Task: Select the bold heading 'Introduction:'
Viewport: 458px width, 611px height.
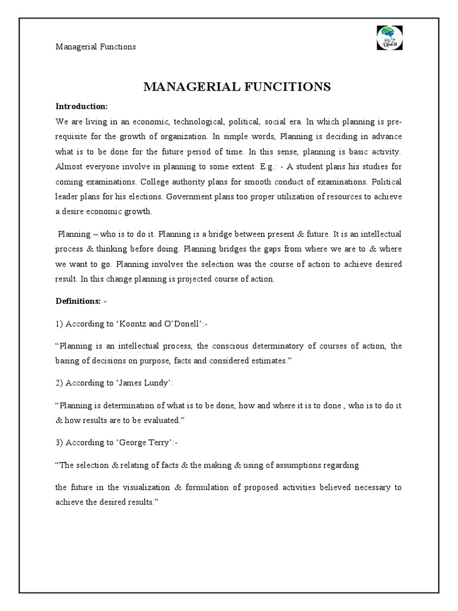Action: point(82,106)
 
